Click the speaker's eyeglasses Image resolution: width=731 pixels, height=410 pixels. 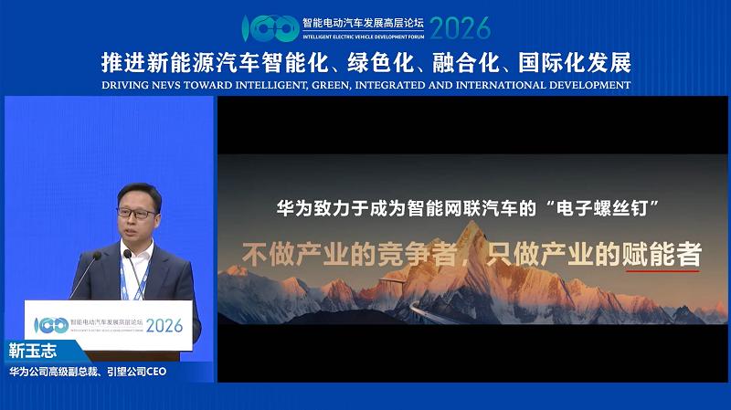pos(137,213)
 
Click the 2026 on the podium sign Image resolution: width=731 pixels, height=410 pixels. pos(164,325)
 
